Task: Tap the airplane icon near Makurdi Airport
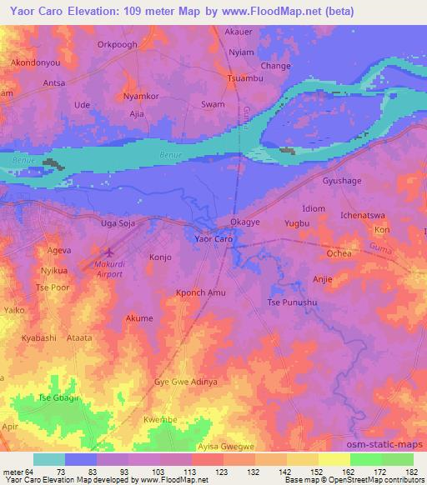108,250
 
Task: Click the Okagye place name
246,222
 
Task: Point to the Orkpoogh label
117,45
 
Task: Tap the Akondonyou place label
34,62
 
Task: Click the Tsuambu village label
244,79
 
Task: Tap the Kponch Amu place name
201,292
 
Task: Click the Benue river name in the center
169,156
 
